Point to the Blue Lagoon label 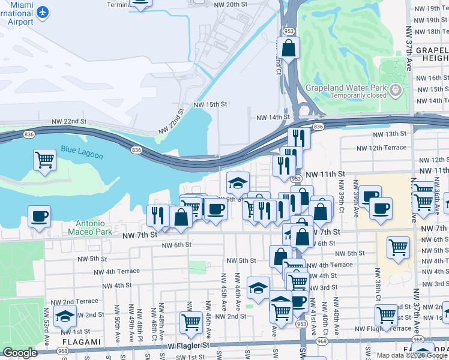82,152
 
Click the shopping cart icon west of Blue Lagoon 44,160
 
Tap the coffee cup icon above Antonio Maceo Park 40,216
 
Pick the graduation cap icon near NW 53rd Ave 65,316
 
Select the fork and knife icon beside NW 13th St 299,137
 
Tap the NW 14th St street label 273,118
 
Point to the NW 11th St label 325,173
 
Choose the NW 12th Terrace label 381,148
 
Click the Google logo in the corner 20,353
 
